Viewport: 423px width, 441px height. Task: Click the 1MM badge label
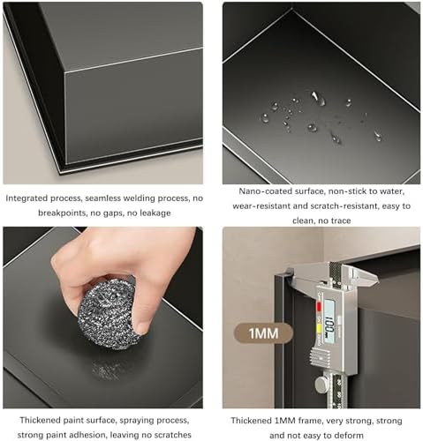(263, 333)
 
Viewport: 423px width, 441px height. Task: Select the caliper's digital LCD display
(329, 321)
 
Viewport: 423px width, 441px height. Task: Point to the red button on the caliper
(319, 307)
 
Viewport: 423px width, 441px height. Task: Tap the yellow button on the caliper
(319, 329)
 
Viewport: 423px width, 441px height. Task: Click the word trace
(340, 220)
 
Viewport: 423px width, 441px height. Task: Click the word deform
(349, 436)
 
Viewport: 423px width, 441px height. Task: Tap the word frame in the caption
(309, 421)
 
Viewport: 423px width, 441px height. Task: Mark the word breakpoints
(62, 213)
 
